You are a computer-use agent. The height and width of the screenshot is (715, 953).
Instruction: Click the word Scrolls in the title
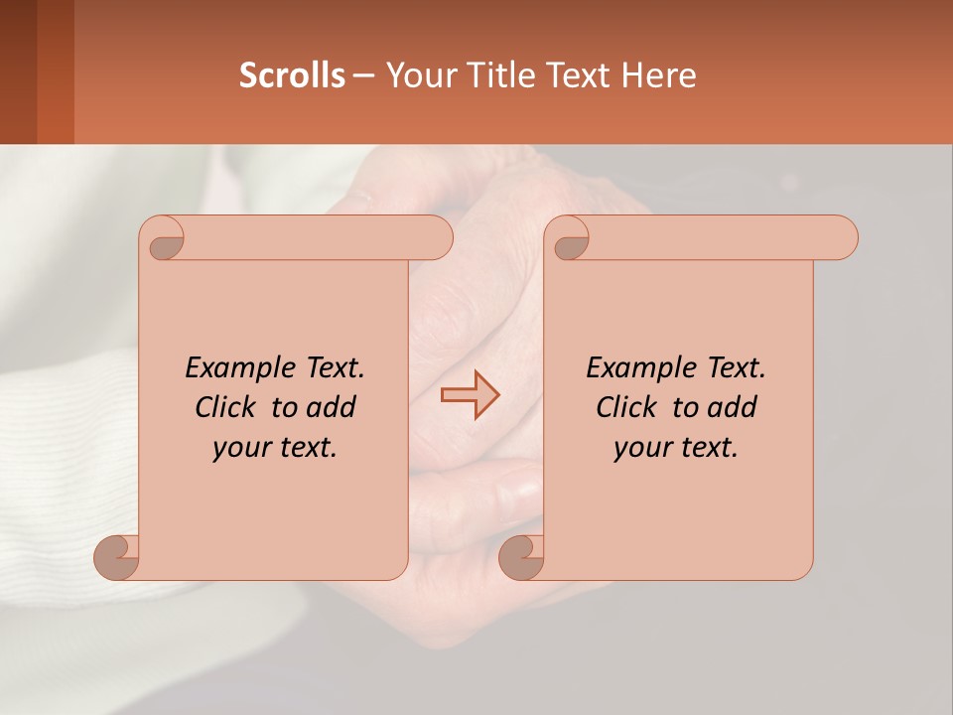click(x=292, y=75)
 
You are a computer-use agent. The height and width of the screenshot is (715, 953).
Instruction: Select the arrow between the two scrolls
click(x=471, y=395)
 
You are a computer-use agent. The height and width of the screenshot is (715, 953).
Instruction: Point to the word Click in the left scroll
click(x=228, y=407)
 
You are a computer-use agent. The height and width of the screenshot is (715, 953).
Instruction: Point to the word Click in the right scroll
click(x=629, y=407)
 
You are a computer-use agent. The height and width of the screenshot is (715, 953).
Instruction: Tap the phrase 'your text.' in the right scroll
click(x=676, y=448)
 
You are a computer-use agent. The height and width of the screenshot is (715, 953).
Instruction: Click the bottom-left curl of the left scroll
click(x=117, y=555)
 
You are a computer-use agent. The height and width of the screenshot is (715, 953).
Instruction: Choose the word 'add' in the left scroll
click(x=332, y=407)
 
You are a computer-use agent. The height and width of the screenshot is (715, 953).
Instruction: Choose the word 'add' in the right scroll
click(x=733, y=407)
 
